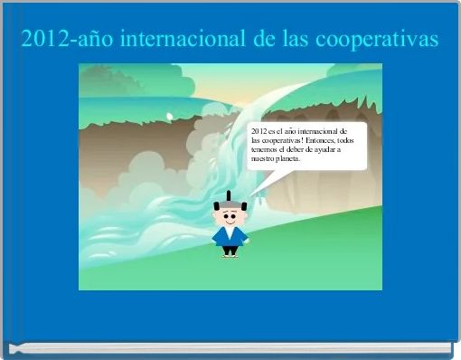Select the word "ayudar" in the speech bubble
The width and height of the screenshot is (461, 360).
[x=325, y=149]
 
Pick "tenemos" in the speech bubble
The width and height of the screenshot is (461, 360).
[x=265, y=149]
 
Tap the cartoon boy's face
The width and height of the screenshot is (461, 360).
[x=230, y=217]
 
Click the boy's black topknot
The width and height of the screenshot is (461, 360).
[x=230, y=196]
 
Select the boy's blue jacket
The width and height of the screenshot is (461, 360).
[x=230, y=237]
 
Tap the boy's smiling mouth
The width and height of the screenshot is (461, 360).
[x=230, y=223]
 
